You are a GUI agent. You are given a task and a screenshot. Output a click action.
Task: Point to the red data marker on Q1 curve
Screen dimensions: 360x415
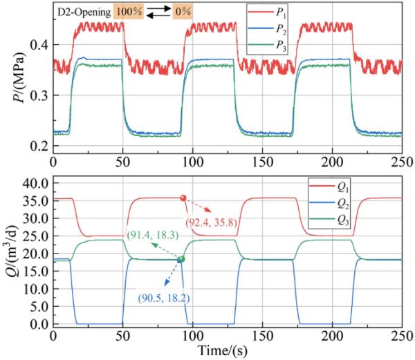pyautogui.click(x=183, y=198)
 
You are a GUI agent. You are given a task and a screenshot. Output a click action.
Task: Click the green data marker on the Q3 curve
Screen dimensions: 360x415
pyautogui.click(x=181, y=259)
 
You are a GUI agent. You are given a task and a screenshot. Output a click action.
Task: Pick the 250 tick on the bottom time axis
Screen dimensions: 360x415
pyautogui.click(x=402, y=337)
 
